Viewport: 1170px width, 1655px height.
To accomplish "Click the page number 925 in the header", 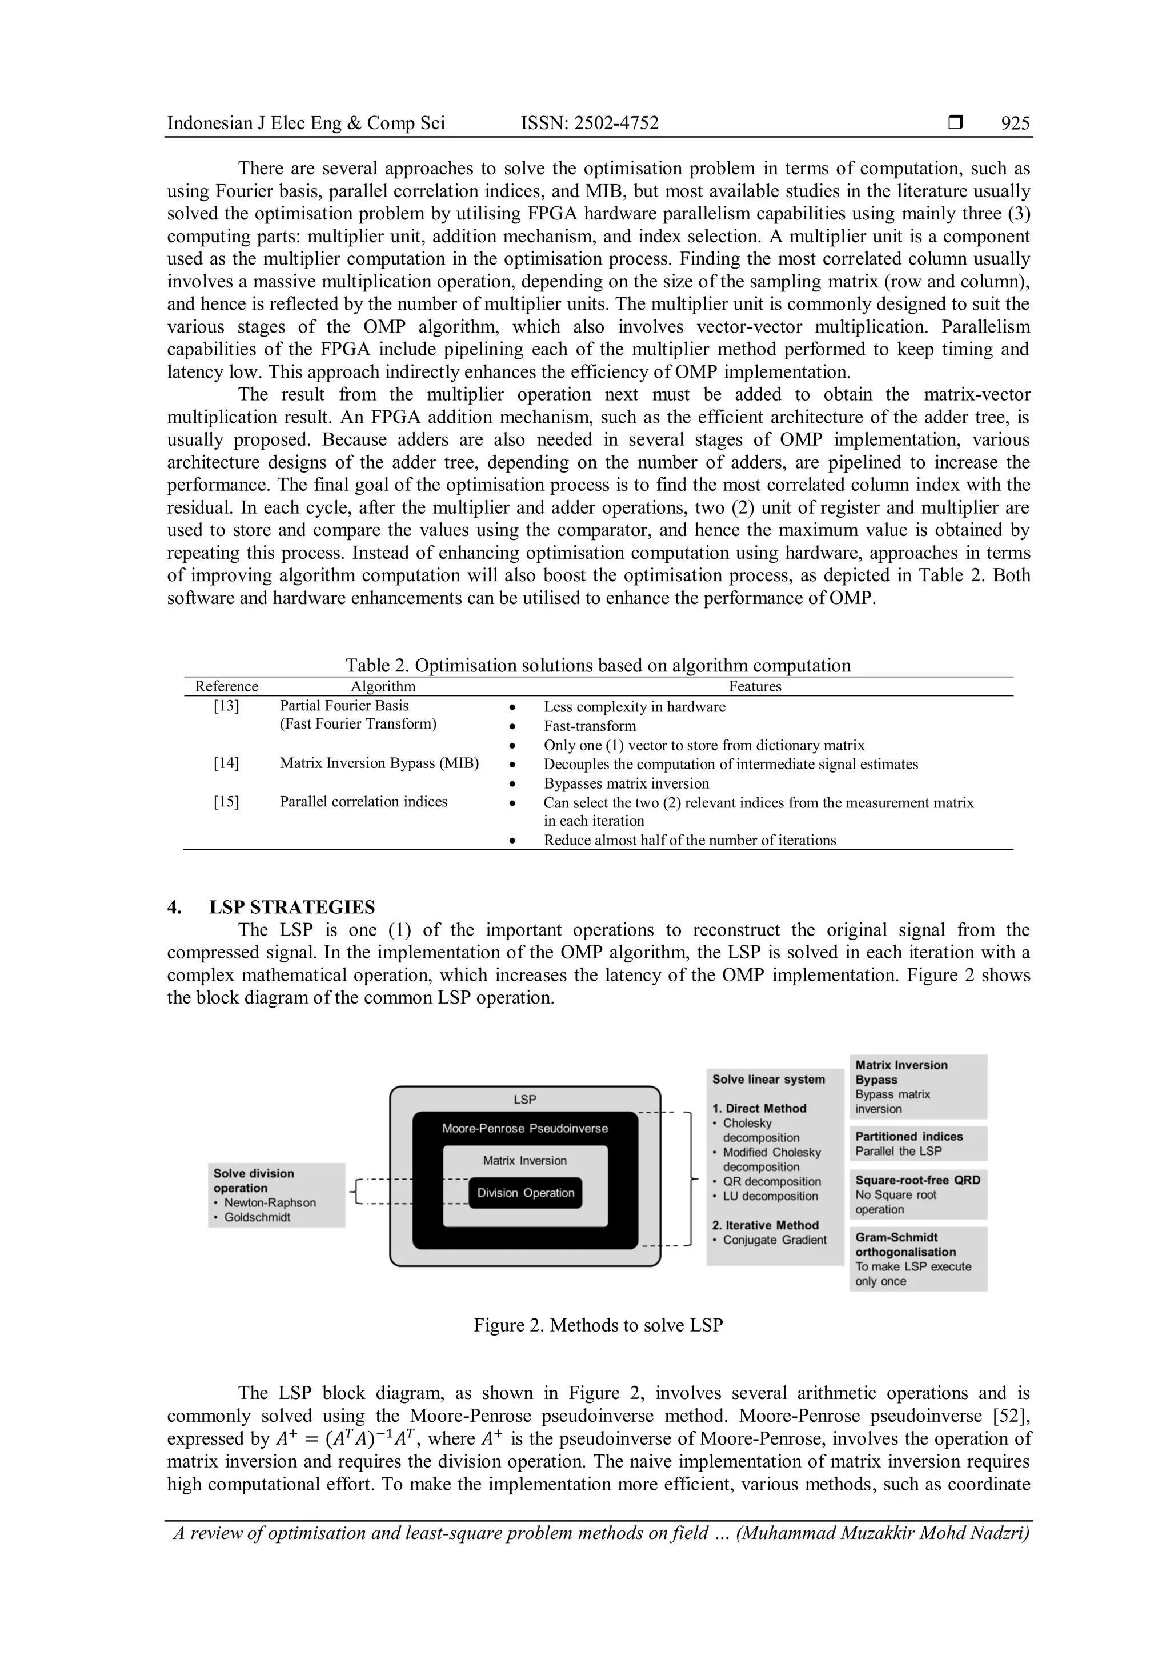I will [1015, 123].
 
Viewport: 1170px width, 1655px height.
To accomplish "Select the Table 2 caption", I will [598, 665].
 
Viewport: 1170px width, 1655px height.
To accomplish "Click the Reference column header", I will [226, 686].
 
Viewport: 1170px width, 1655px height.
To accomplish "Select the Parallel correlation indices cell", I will [363, 802].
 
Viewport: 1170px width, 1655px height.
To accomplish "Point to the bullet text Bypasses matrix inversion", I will [626, 783].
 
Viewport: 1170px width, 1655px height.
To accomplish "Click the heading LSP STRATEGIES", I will [292, 907].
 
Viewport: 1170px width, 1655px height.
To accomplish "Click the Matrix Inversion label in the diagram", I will [524, 1161].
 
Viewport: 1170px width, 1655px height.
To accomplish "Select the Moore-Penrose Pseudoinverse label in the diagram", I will [524, 1128].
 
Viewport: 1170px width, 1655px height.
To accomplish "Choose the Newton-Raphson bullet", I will [270, 1202].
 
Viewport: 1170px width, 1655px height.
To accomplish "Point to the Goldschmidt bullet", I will [257, 1217].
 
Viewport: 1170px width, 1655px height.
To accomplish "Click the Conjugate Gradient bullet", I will [775, 1239].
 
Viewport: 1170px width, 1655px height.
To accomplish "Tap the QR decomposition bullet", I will [772, 1181].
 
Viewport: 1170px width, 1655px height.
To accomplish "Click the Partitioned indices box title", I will [908, 1136].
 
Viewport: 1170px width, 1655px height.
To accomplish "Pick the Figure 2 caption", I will [598, 1325].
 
